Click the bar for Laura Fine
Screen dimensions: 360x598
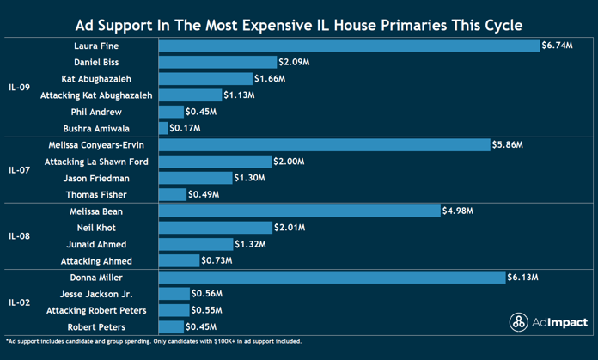click(x=349, y=46)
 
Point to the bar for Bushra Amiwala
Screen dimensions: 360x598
click(x=163, y=129)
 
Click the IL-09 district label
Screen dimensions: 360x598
click(x=19, y=87)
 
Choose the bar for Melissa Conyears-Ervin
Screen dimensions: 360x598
click(x=324, y=145)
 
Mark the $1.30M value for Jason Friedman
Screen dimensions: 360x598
click(x=248, y=178)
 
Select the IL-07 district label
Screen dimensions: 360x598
click(x=19, y=170)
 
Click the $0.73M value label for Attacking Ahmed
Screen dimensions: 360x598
click(x=215, y=261)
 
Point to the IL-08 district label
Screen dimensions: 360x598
click(x=19, y=236)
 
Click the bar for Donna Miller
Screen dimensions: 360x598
click(x=332, y=278)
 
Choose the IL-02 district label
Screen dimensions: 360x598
click(x=19, y=302)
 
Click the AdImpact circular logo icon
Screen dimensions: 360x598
click(x=519, y=322)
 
